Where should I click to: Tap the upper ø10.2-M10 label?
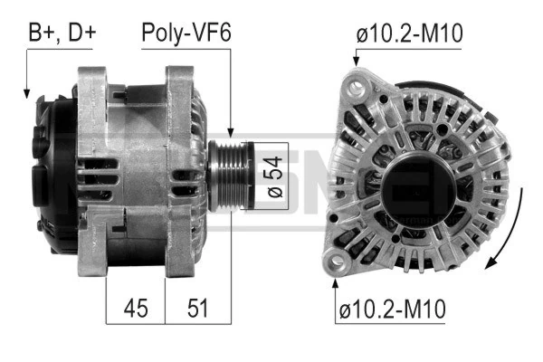pyautogui.click(x=409, y=33)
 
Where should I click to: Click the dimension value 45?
pyautogui.click(x=136, y=308)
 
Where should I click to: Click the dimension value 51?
pyautogui.click(x=196, y=308)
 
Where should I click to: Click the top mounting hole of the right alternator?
pyautogui.click(x=357, y=88)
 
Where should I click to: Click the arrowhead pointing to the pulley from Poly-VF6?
pyautogui.click(x=232, y=136)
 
